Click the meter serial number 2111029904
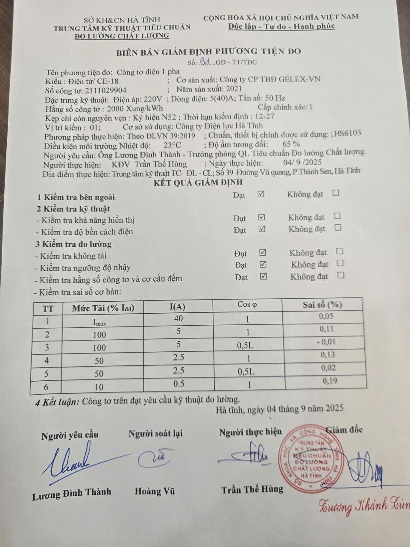pyautogui.click(x=105, y=90)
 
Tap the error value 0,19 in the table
pyautogui.click(x=328, y=381)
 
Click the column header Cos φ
pyautogui.click(x=247, y=304)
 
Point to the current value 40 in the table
pyautogui.click(x=178, y=318)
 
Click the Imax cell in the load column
pyautogui.click(x=100, y=322)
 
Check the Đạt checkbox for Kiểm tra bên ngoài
pyautogui.click(x=261, y=194)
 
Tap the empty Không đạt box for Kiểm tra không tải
pyautogui.click(x=340, y=251)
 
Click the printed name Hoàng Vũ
pyautogui.click(x=155, y=491)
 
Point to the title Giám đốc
pyautogui.click(x=344, y=429)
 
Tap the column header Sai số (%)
pyautogui.click(x=322, y=304)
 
